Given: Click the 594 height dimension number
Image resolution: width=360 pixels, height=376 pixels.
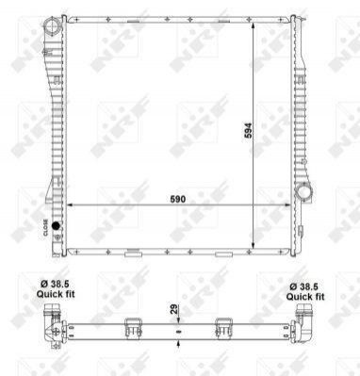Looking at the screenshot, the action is [x=248, y=131].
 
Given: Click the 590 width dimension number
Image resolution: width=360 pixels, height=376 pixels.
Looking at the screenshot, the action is [x=178, y=199].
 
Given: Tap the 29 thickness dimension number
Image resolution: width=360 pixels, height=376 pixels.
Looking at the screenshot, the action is [x=174, y=309].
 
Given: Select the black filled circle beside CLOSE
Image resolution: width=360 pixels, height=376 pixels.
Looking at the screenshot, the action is [x=56, y=225].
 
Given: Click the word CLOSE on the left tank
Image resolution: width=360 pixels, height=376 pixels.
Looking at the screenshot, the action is [x=45, y=228].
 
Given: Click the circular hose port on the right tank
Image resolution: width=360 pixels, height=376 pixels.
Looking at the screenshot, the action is [x=303, y=191].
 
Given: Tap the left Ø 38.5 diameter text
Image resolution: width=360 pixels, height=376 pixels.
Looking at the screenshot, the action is [x=55, y=285].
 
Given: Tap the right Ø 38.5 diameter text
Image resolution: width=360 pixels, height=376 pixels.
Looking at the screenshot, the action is [x=303, y=286].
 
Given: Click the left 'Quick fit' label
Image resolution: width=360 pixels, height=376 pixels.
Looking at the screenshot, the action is [x=56, y=294].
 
